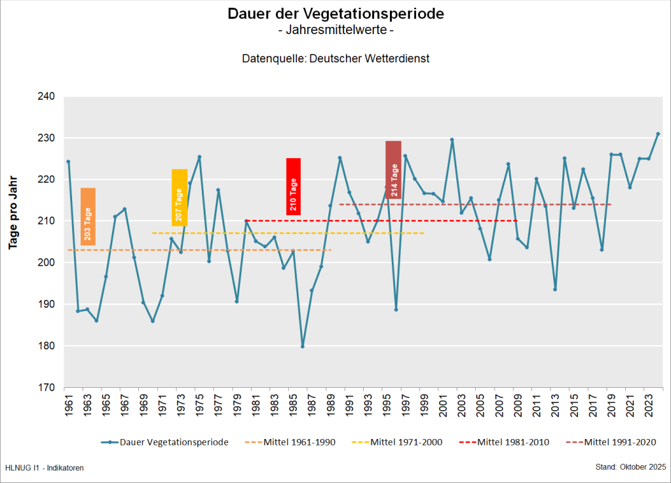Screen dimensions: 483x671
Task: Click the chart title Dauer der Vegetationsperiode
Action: pyautogui.click(x=335, y=14)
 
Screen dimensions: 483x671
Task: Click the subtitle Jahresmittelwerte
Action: pyautogui.click(x=335, y=30)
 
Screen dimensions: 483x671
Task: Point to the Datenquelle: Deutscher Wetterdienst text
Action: pyautogui.click(x=335, y=58)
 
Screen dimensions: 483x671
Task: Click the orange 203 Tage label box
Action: pyautogui.click(x=88, y=217)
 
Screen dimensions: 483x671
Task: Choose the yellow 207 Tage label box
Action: pyautogui.click(x=180, y=198)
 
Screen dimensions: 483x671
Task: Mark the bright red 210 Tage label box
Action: pyautogui.click(x=294, y=186)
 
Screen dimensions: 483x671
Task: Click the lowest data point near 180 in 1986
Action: pyautogui.click(x=303, y=346)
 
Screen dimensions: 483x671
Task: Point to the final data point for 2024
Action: pyautogui.click(x=658, y=134)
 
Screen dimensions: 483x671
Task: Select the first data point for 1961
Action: pyautogui.click(x=68, y=161)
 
